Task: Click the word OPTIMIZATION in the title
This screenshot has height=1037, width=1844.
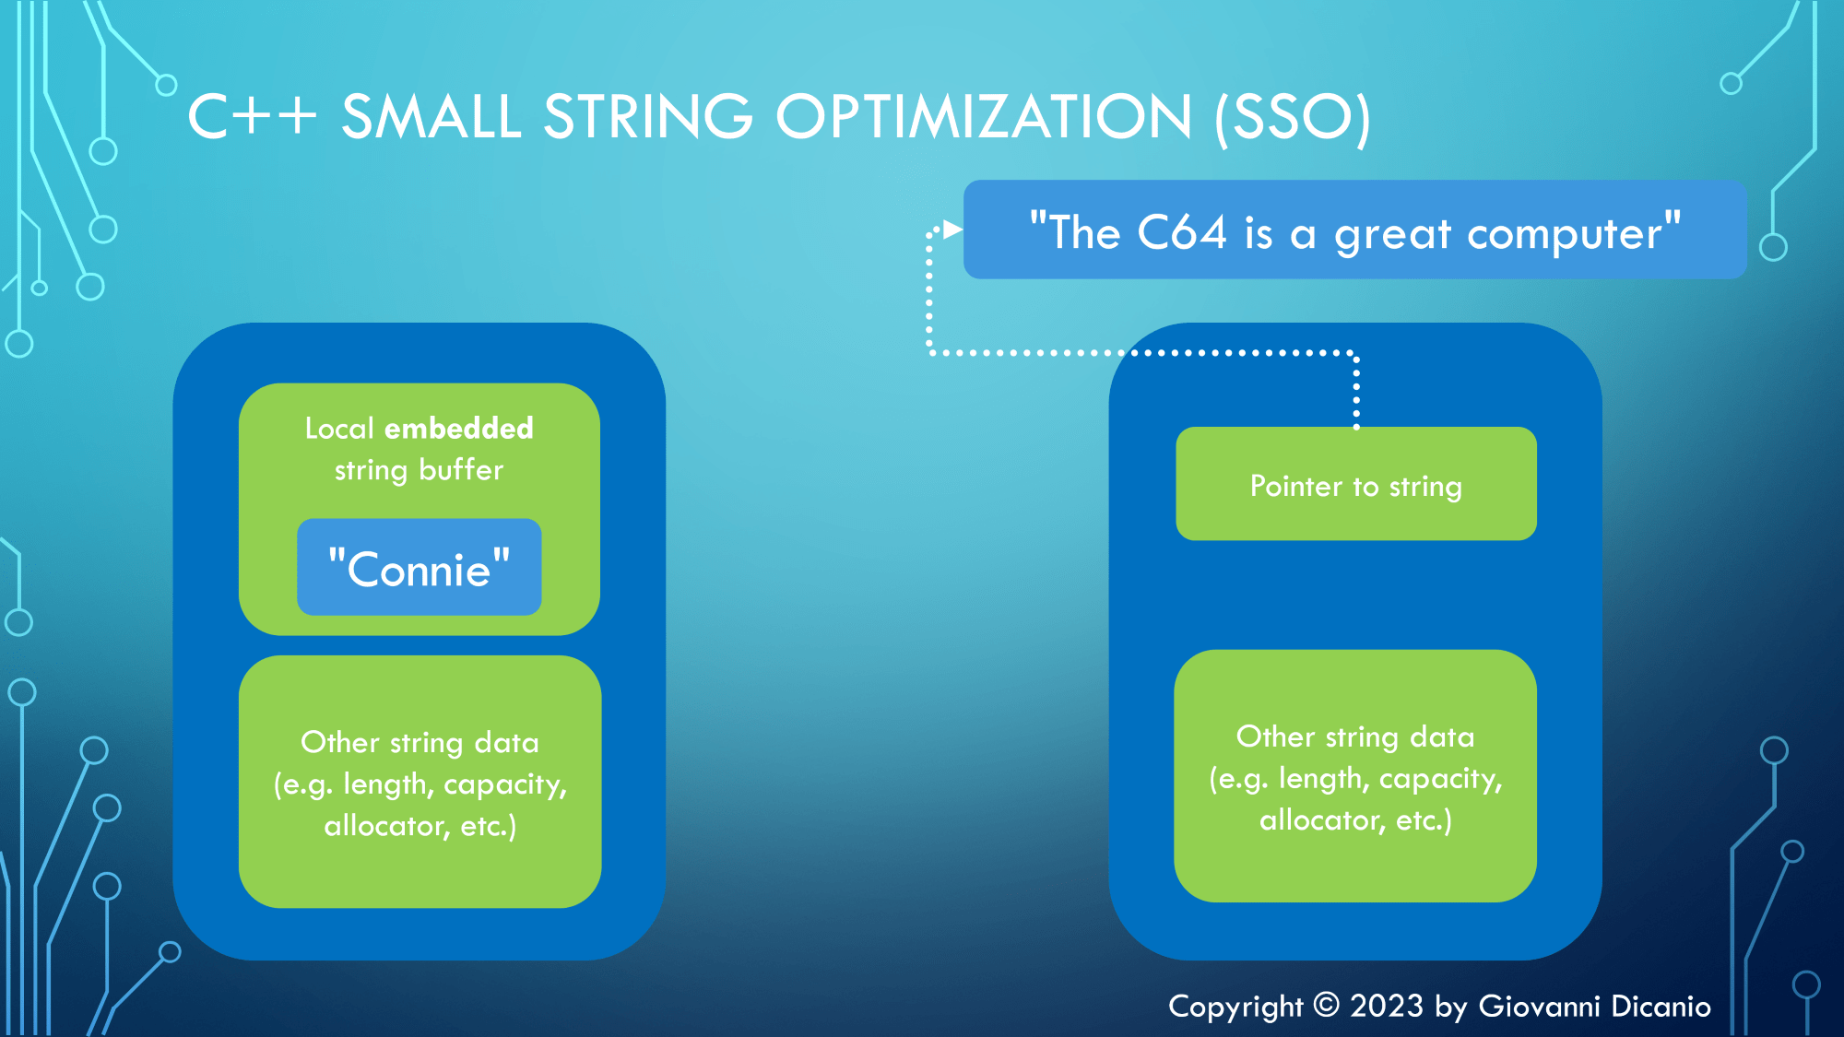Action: (984, 117)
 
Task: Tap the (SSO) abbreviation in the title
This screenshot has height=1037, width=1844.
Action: (1292, 119)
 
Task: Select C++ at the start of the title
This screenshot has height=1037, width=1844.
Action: (252, 118)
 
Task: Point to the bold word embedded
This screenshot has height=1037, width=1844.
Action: (459, 429)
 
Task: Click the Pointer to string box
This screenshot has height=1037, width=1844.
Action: (1355, 485)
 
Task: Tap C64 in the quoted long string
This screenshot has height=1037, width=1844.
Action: (1181, 232)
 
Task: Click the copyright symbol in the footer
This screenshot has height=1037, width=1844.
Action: (1326, 1005)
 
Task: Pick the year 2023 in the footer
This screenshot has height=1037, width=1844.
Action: (1387, 1006)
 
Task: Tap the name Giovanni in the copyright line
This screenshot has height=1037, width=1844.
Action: (1539, 1006)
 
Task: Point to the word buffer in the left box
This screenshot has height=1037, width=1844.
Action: (461, 470)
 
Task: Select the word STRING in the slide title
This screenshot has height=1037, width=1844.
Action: (648, 117)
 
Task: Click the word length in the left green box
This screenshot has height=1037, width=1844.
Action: (387, 784)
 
